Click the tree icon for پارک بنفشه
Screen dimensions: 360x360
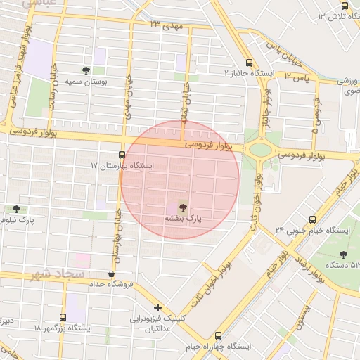click(x=183, y=207)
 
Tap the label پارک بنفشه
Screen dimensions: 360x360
click(x=183, y=219)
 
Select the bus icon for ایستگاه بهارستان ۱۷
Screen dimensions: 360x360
click(x=122, y=155)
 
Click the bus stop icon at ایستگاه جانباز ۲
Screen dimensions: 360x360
click(x=249, y=62)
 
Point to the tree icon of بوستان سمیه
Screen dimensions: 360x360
click(x=86, y=70)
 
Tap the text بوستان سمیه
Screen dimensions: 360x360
click(x=86, y=82)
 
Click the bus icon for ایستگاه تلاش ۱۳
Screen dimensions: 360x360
click(x=345, y=6)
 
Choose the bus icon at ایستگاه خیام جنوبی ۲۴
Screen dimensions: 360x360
click(x=312, y=219)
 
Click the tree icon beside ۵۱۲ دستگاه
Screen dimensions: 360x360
click(x=343, y=255)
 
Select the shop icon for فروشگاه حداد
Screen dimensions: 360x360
click(x=112, y=274)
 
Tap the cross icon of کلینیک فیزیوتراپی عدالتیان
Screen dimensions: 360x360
click(x=158, y=307)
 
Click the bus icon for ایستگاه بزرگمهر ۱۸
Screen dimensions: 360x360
click(x=63, y=318)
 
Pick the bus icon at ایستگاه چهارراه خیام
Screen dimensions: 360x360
click(x=218, y=336)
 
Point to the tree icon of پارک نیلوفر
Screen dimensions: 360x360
click(x=16, y=209)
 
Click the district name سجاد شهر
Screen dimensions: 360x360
click(x=58, y=273)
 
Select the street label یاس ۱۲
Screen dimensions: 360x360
click(x=297, y=74)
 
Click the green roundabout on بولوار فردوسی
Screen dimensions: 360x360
click(x=259, y=149)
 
